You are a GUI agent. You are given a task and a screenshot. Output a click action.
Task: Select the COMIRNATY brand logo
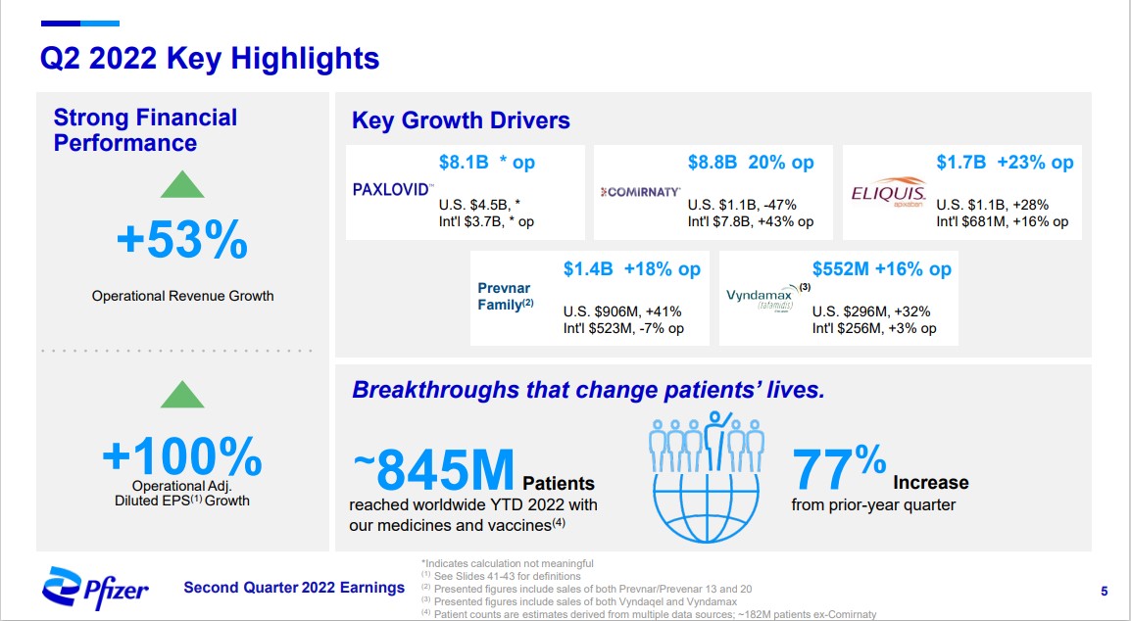tap(640, 192)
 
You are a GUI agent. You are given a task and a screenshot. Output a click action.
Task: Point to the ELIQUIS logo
tap(888, 190)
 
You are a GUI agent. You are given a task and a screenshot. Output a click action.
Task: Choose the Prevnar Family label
tap(505, 297)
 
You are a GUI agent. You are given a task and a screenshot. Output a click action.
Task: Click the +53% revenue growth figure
tap(182, 241)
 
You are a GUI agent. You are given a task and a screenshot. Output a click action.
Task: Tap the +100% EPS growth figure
tap(182, 454)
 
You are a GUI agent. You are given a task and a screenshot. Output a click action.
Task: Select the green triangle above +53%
tap(182, 184)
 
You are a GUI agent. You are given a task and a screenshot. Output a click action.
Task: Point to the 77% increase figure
tap(839, 469)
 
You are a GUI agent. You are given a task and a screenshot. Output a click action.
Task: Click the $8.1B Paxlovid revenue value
tap(464, 163)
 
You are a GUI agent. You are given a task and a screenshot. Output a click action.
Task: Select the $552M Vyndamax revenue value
tap(841, 268)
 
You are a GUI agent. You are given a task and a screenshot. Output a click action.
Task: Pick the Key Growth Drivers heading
tap(461, 120)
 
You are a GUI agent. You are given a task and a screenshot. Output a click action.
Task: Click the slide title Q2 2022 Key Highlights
tap(209, 59)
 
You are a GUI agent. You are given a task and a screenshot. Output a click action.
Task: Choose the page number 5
tap(1105, 591)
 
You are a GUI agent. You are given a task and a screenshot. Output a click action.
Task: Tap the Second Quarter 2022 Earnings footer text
tap(294, 588)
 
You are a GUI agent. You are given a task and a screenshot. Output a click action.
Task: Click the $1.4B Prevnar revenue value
tap(587, 268)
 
